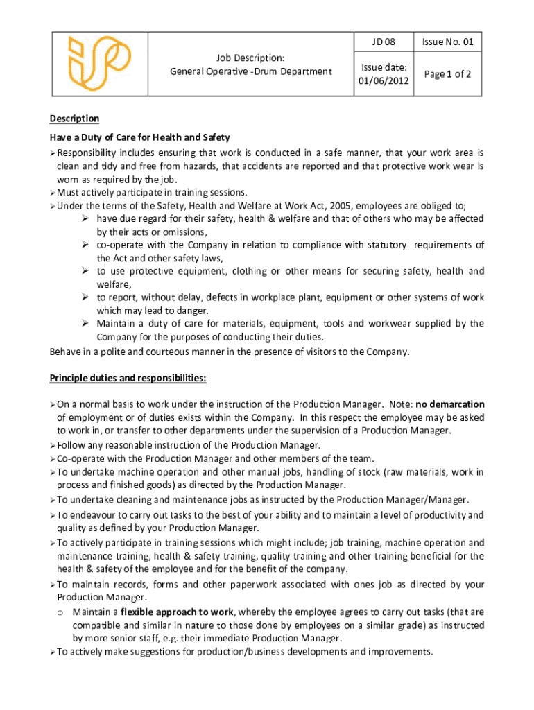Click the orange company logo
click(x=98, y=64)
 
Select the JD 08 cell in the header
click(x=383, y=42)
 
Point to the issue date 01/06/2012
click(x=383, y=80)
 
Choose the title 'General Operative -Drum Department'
click(x=251, y=71)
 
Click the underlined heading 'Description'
click(x=74, y=119)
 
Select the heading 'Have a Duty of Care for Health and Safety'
click(x=139, y=137)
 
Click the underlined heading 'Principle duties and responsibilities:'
click(x=128, y=378)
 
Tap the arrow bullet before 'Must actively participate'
click(x=53, y=193)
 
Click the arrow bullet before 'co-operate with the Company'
click(x=84, y=245)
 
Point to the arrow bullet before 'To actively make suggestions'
click(x=53, y=652)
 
